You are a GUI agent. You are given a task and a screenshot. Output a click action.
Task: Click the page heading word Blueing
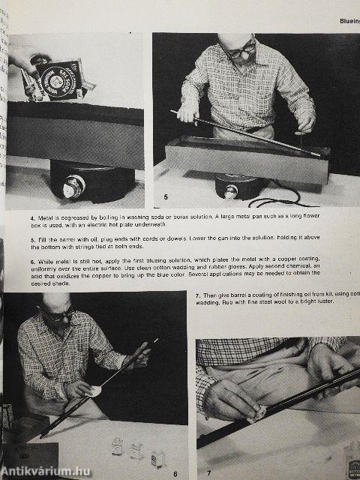pyautogui.click(x=344, y=22)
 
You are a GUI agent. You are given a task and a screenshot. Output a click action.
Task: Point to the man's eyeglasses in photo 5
pyautogui.click(x=241, y=50)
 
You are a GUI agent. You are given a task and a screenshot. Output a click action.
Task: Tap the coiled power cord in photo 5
pyautogui.click(x=277, y=199)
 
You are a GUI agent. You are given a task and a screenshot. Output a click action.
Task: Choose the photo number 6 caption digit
pyautogui.click(x=174, y=472)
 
